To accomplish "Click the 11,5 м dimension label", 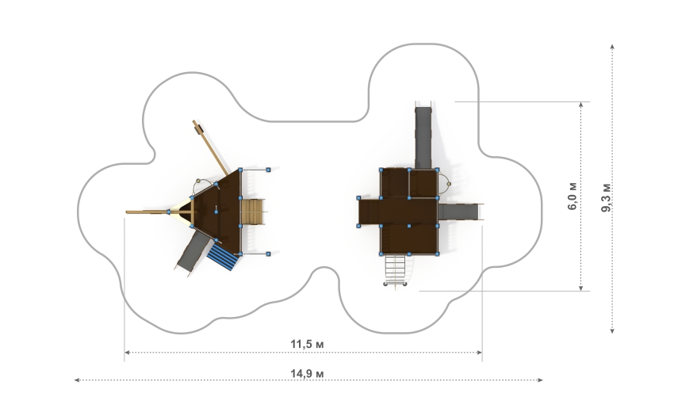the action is [307, 345].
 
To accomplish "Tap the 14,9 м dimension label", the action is [307, 373].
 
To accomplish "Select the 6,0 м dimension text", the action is [573, 196].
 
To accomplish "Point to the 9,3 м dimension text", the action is [606, 197].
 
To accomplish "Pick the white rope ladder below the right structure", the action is [395, 269].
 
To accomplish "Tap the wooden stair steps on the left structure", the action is [252, 212].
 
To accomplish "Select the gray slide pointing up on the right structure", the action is [423, 136].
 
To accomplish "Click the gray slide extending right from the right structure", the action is [459, 212].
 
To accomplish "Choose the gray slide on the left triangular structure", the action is [193, 252].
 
